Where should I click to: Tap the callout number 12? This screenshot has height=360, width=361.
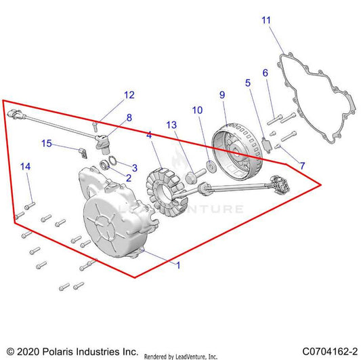tap(128, 95)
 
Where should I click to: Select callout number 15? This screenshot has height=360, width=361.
tap(47, 143)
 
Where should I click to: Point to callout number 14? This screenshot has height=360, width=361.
tap(24, 166)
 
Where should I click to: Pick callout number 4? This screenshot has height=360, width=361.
tap(148, 136)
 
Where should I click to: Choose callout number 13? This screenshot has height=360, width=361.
tap(171, 125)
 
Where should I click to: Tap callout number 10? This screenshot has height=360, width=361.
tap(196, 109)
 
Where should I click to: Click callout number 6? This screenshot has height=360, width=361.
tap(265, 73)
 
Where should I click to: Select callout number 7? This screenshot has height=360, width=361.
tap(302, 166)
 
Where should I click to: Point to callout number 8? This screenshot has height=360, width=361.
tap(128, 117)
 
